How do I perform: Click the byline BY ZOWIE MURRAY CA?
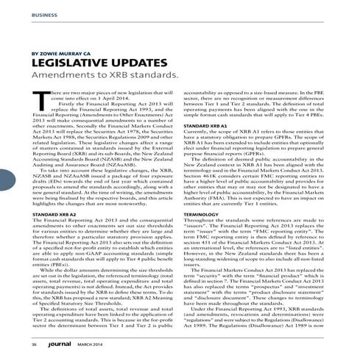pos(60,54)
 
